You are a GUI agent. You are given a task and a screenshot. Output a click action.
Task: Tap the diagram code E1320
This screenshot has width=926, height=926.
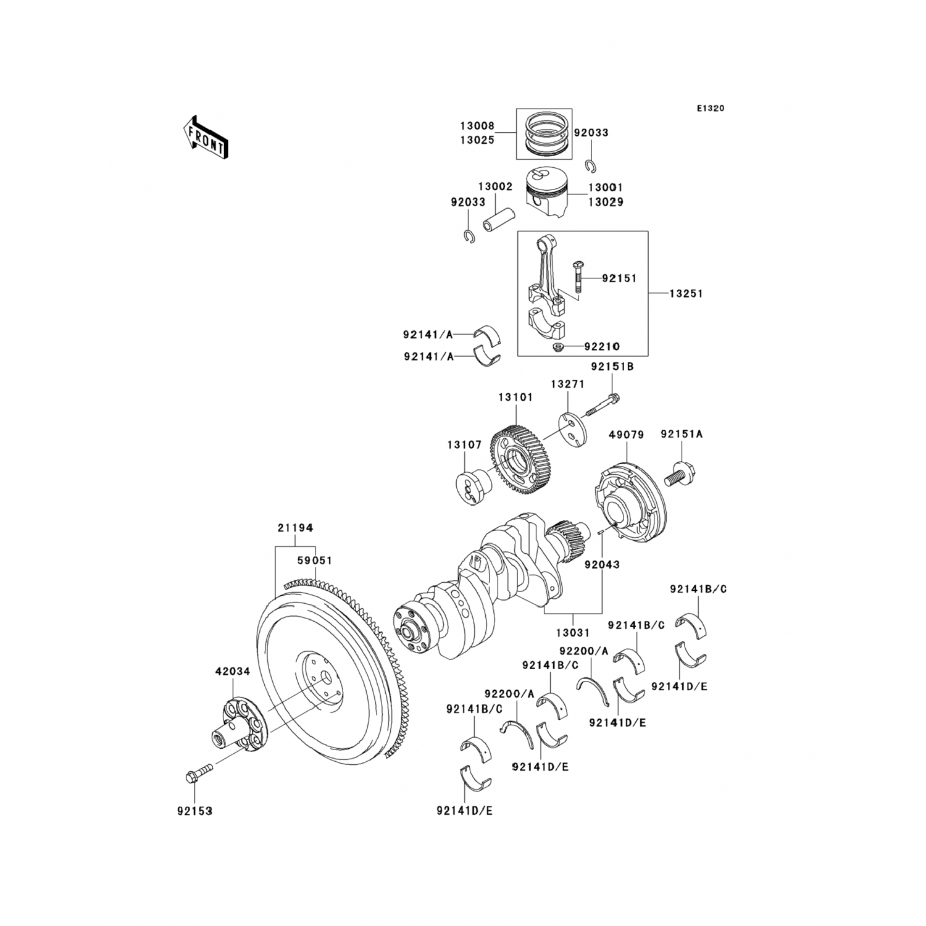[x=711, y=109]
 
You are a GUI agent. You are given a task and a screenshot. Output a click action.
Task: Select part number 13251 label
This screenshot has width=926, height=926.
[x=686, y=294]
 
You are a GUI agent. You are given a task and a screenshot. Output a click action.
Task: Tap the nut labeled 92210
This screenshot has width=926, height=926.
[x=559, y=347]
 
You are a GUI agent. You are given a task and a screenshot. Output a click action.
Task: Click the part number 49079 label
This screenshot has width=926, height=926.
[x=626, y=435]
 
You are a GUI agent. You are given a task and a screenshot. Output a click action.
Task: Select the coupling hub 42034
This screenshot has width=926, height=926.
[x=238, y=725]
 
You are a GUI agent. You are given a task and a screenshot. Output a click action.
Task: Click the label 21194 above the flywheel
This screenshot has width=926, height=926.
[x=295, y=528]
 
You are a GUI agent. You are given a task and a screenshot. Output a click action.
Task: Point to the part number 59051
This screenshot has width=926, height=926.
[x=315, y=561]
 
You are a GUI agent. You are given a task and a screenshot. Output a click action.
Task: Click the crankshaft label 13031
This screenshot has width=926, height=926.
[x=572, y=633]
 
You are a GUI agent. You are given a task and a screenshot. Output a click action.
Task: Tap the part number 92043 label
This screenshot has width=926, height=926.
[x=602, y=564]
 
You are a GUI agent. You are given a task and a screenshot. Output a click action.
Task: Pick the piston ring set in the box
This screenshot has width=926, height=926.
[x=544, y=142]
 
